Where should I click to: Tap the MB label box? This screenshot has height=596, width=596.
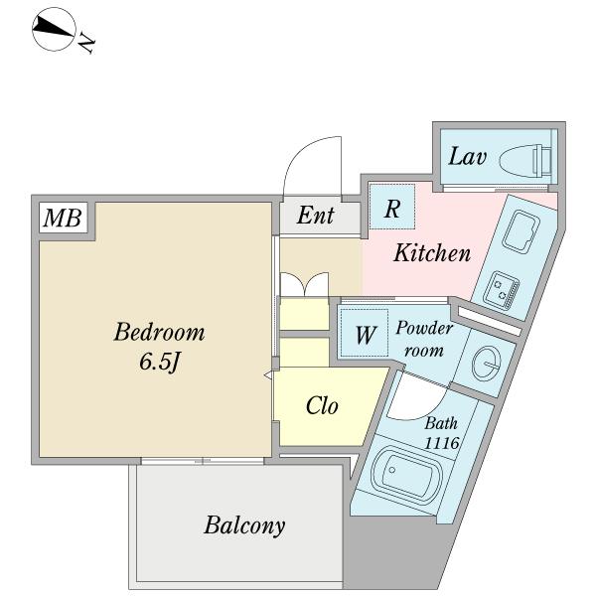62,218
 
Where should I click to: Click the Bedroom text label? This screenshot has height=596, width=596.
159,331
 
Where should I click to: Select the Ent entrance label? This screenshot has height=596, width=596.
316,216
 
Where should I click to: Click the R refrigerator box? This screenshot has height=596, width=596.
392,209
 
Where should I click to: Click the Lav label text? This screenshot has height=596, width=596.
467,156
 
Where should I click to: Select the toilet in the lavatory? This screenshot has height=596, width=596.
521,158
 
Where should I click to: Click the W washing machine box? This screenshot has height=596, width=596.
366,334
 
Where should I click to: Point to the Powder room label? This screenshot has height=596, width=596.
424,338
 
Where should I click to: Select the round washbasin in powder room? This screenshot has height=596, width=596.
488,364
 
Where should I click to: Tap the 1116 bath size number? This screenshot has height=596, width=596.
441,443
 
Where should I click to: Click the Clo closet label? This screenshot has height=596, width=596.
321,405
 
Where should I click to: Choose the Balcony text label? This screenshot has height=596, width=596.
244,524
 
